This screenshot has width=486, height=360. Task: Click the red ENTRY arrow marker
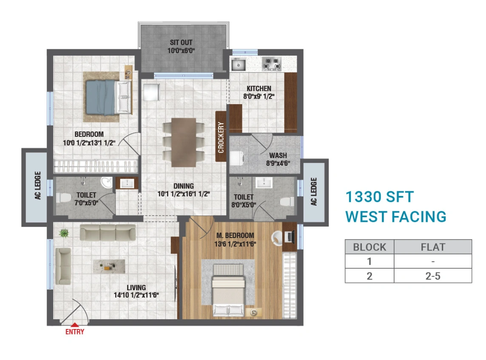[75, 325]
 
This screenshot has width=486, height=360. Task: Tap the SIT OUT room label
[181, 43]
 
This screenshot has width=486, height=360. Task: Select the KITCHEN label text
[259, 88]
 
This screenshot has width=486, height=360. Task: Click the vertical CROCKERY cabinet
[221, 137]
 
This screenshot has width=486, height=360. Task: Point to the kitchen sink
[239, 65]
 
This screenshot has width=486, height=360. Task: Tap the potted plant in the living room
[64, 232]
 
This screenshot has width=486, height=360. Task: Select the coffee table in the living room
[109, 266]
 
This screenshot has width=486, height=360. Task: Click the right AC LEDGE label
[314, 191]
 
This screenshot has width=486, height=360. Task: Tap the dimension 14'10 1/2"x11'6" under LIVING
[136, 295]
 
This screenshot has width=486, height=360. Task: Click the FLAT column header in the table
[433, 247]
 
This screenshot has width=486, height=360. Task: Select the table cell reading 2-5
[433, 275]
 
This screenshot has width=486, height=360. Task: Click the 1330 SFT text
[379, 197]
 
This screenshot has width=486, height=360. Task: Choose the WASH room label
[278, 155]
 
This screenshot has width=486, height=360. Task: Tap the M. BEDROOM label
[235, 235]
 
